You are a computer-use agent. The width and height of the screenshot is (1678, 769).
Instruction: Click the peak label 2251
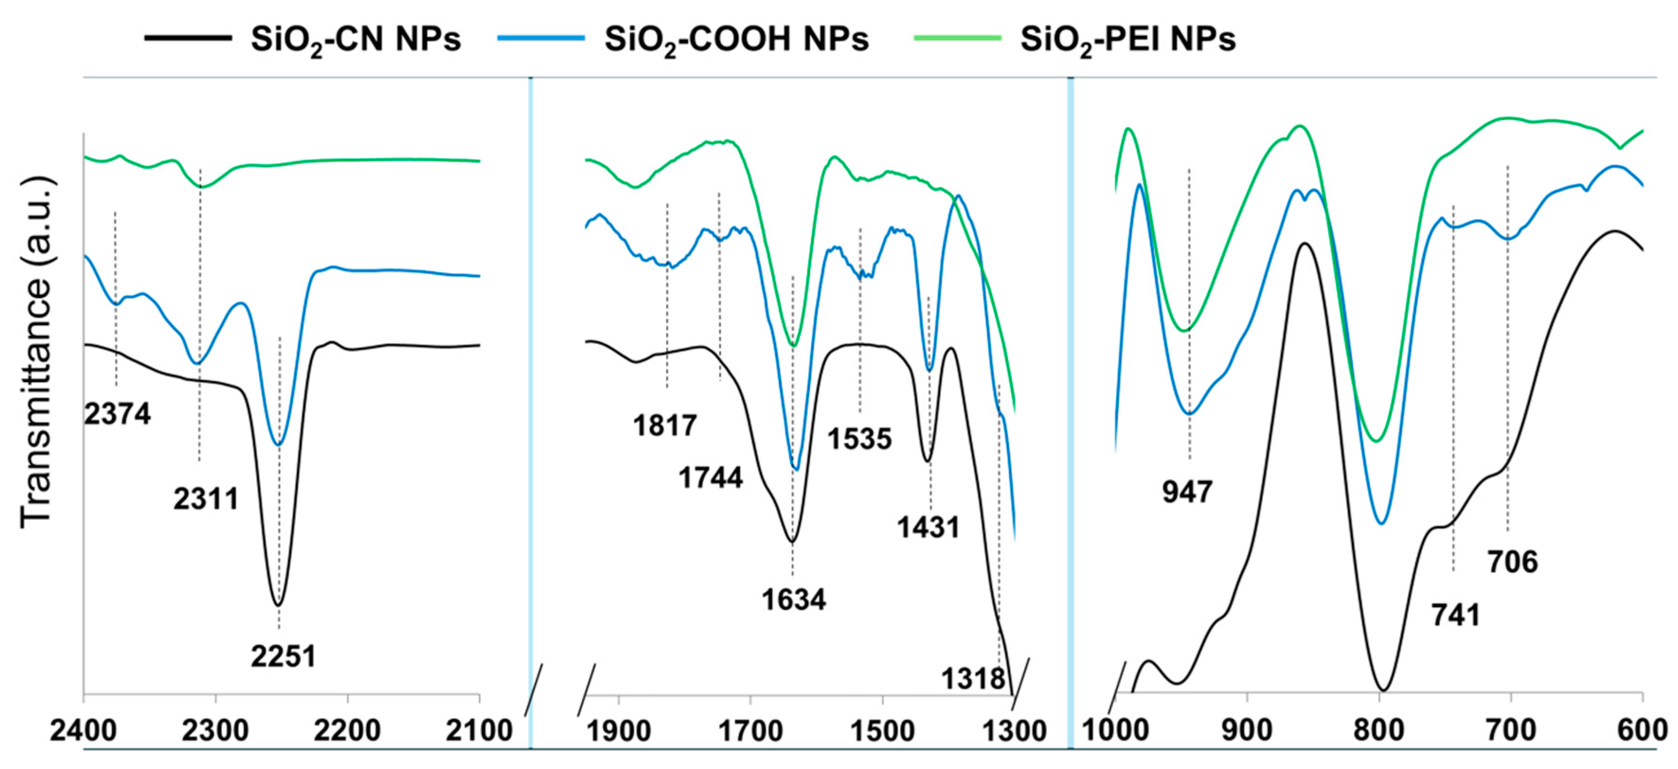[x=283, y=656]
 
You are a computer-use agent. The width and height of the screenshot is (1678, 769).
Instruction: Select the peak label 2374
[x=117, y=414]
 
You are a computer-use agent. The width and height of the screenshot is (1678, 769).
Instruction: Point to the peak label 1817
[x=664, y=426]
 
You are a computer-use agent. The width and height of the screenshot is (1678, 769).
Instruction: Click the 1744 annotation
[x=711, y=478]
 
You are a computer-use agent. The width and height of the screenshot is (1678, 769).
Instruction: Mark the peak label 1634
[x=794, y=599]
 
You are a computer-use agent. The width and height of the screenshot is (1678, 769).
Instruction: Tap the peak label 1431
[x=928, y=527]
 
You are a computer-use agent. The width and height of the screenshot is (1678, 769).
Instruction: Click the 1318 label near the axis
[x=973, y=679]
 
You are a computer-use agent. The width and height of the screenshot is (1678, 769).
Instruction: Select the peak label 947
[x=1187, y=492]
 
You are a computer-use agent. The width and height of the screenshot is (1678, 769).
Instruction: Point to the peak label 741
[x=1456, y=615]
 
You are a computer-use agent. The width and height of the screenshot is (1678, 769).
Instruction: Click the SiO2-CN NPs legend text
[x=356, y=39]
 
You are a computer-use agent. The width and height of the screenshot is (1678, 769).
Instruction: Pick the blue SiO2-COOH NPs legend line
[x=540, y=38]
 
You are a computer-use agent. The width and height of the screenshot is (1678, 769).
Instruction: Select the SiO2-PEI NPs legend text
[x=1127, y=39]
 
